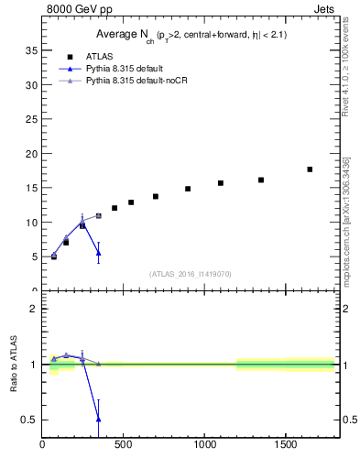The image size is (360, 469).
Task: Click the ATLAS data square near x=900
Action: pos(188,189)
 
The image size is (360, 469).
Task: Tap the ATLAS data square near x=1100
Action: pos(221,183)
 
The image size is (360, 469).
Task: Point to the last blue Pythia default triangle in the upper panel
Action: pos(98,253)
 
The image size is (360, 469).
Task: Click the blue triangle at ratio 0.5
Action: pos(98,419)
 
